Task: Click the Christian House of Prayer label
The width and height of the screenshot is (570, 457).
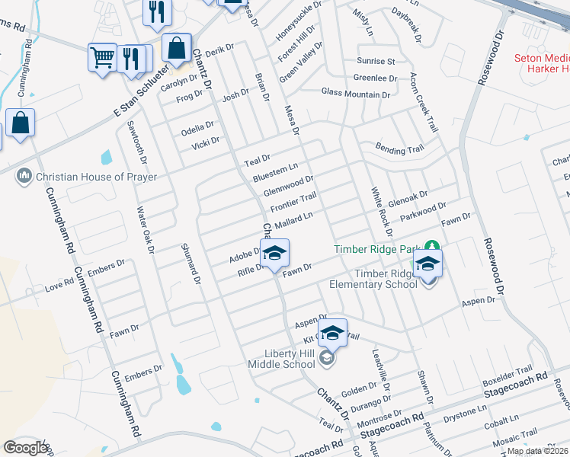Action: [x=95, y=177]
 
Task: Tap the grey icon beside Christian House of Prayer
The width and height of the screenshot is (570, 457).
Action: [x=24, y=177]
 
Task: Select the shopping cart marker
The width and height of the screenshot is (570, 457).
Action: [x=101, y=57]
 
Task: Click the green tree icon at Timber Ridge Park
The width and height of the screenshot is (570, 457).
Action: [x=432, y=248]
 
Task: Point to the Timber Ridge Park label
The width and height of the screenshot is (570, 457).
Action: [x=378, y=249]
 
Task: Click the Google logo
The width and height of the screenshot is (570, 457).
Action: [x=25, y=448]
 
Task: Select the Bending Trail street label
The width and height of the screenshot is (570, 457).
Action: [x=399, y=150]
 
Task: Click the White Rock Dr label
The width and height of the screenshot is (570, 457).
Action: [x=381, y=211]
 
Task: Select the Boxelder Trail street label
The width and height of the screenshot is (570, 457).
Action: [x=508, y=377]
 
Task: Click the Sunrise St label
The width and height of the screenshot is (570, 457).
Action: [x=376, y=61]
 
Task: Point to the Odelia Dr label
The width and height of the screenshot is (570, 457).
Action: [x=197, y=126]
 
